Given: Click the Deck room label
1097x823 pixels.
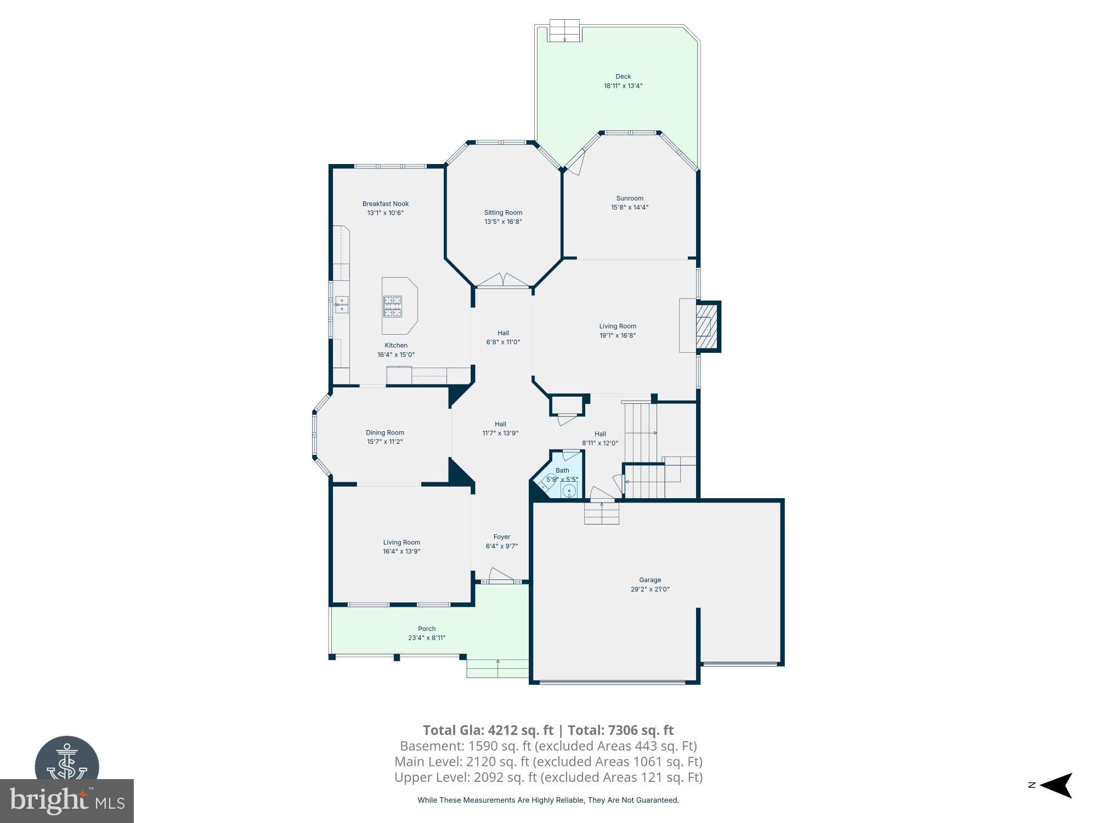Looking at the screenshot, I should [623, 77].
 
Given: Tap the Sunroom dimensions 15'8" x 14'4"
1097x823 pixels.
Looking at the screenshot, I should [630, 207].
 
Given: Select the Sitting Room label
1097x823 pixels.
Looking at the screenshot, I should [503, 213].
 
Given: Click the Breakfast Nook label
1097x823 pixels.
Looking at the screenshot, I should [385, 204].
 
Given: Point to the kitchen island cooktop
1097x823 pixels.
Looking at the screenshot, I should [392, 306].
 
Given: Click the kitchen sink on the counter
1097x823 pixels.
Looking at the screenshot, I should [342, 305].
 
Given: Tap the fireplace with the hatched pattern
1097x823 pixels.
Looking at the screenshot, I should [704, 327].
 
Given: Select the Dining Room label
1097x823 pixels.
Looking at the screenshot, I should [384, 432].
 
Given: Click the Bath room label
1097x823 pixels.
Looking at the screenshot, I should [562, 470].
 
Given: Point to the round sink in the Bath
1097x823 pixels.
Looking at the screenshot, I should [570, 489].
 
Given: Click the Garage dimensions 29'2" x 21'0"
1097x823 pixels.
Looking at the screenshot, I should [650, 589].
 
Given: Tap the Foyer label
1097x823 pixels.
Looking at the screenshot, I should [501, 537].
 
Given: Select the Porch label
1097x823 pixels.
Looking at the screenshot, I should [427, 629].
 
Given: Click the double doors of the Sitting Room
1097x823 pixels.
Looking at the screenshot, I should [503, 280].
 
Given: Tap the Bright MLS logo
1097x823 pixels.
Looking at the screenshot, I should [67, 801].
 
